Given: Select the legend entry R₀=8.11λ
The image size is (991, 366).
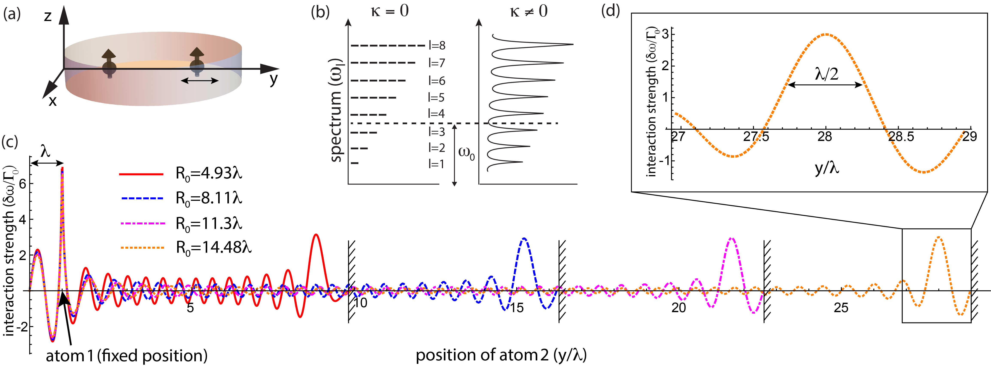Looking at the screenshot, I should pyautogui.click(x=209, y=198).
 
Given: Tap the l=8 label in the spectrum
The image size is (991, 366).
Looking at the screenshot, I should pyautogui.click(x=437, y=45).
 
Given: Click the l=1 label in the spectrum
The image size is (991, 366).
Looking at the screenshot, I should pyautogui.click(x=436, y=164).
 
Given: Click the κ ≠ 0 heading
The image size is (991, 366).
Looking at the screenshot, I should pyautogui.click(x=529, y=12).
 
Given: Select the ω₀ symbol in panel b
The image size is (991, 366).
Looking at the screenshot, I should pyautogui.click(x=466, y=153).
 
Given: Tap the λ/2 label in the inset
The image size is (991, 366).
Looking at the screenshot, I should pyautogui.click(x=826, y=74).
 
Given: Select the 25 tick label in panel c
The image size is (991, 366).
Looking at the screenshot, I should pyautogui.click(x=841, y=308).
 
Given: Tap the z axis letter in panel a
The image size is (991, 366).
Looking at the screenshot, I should pyautogui.click(x=48, y=16).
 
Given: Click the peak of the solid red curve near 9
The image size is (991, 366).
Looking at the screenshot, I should pyautogui.click(x=316, y=234).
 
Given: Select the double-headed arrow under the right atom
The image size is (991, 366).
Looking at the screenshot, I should pyautogui.click(x=200, y=81).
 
